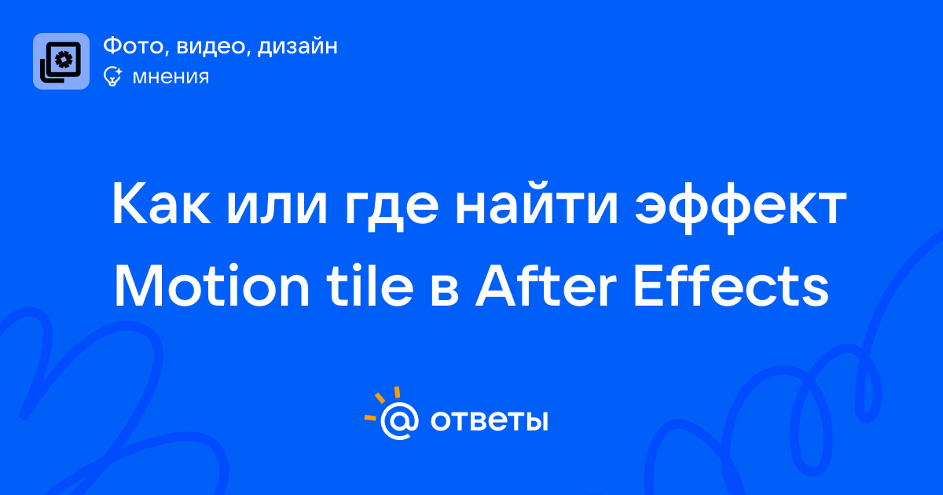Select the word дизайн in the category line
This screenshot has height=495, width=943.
coord(298,46)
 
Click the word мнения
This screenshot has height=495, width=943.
coord(171,77)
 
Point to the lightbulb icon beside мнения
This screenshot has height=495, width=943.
coord(112,76)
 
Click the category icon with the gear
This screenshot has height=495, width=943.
coord(61,61)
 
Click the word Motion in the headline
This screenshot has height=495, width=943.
coord(212,286)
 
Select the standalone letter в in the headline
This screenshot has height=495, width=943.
coord(445,291)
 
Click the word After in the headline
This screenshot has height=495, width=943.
coord(545,286)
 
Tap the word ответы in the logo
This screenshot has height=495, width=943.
coord(489,421)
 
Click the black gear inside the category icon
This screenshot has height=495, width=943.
coord(64,60)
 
